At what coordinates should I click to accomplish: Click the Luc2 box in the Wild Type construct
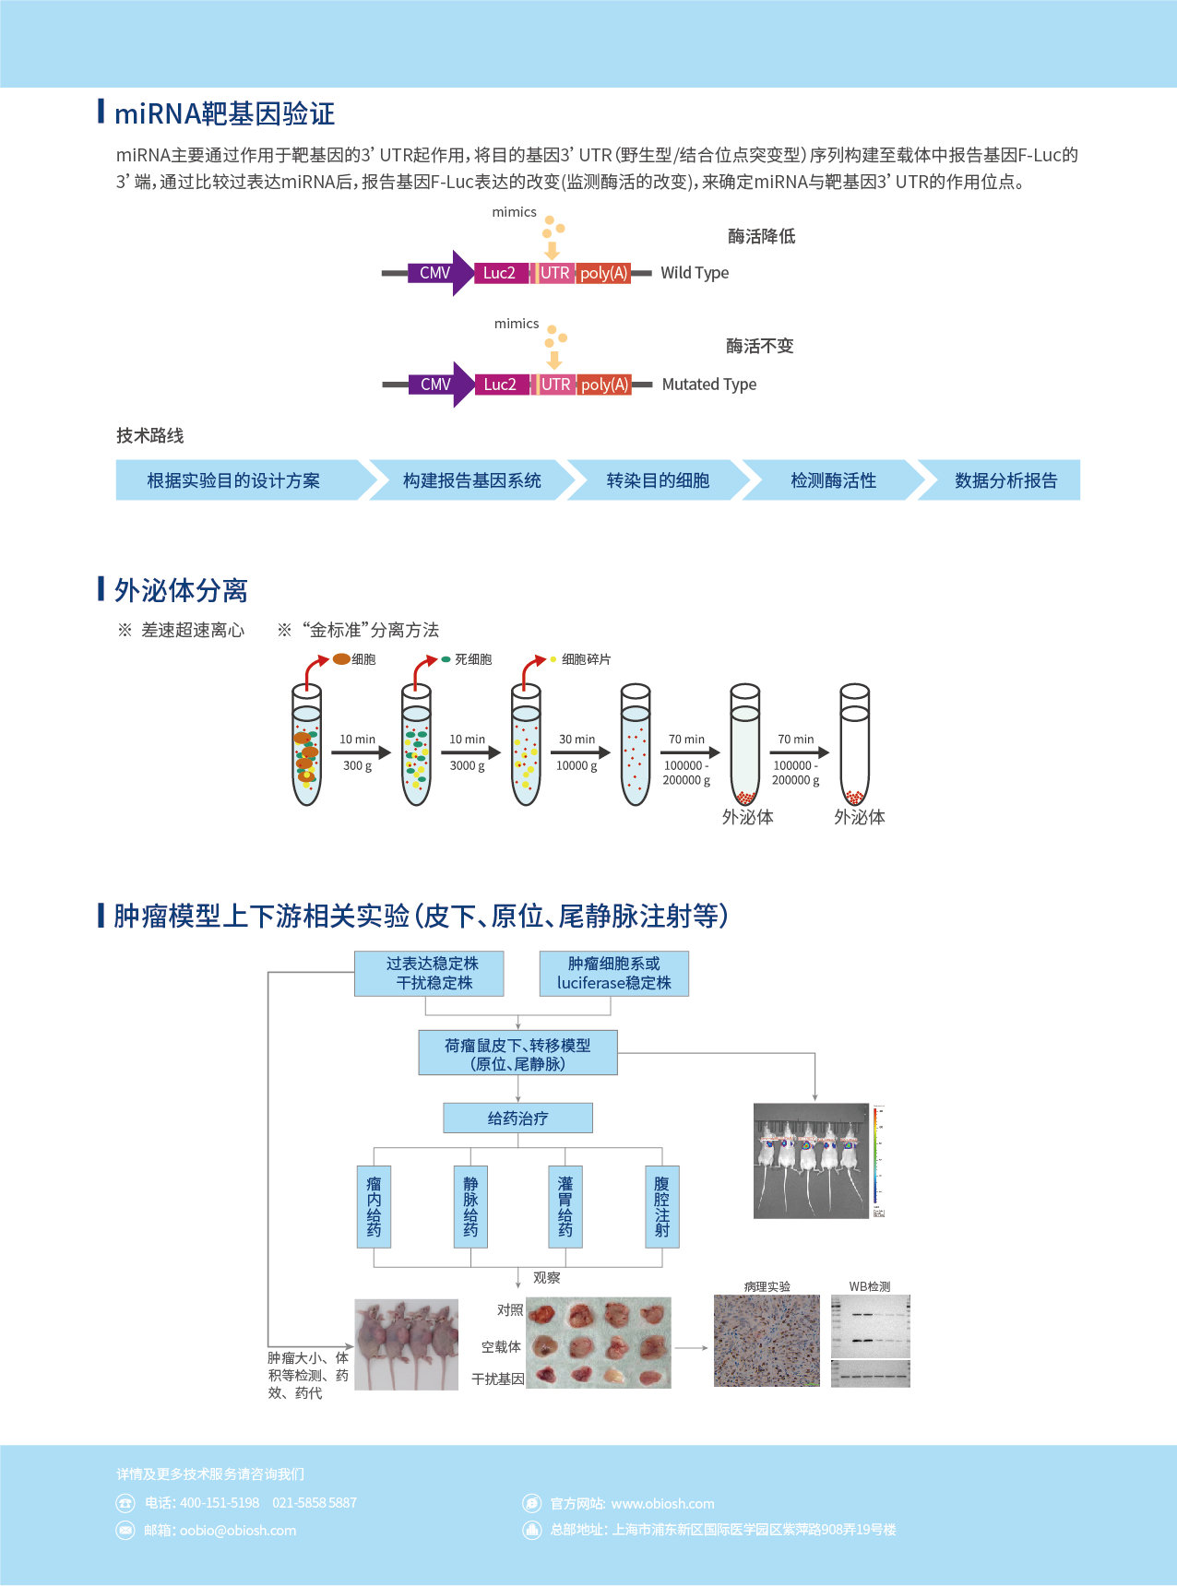(500, 273)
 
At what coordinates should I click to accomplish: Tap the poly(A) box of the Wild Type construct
(604, 273)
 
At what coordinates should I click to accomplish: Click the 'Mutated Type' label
(708, 385)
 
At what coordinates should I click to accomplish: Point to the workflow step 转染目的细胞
(657, 480)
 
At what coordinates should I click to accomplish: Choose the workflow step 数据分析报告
(1005, 480)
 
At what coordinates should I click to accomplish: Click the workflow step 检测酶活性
(833, 480)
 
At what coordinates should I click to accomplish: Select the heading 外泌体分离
(181, 590)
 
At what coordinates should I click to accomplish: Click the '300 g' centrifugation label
(358, 765)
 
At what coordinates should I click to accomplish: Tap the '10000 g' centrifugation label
(577, 765)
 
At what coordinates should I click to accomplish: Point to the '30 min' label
(577, 740)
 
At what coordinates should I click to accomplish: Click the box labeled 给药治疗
(517, 1118)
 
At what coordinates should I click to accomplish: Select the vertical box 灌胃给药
(565, 1206)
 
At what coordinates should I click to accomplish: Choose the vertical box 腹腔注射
(661, 1206)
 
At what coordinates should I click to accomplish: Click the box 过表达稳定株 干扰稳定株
(429, 974)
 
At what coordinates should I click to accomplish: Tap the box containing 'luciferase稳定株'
(613, 974)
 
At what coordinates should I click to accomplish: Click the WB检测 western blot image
(870, 1341)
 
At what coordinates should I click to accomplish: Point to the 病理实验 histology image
(767, 1341)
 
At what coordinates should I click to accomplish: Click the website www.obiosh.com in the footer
(662, 1504)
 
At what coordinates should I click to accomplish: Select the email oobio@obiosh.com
(238, 1531)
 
